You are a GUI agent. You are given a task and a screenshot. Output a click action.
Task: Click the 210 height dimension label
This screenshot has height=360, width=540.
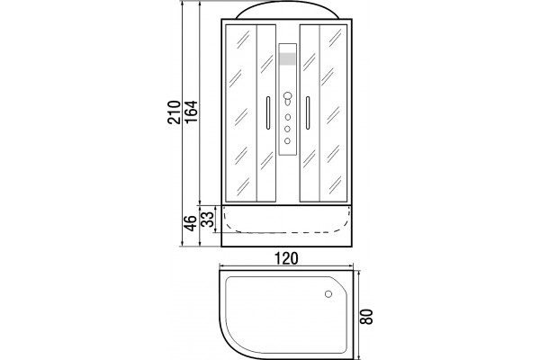pyautogui.click(x=174, y=112)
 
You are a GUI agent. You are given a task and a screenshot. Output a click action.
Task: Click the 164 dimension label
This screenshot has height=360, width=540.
pyautogui.click(x=191, y=112)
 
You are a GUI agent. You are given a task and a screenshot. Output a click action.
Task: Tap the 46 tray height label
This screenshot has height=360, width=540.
pyautogui.click(x=191, y=223)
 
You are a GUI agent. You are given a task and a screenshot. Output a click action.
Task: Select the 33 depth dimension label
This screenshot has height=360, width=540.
pyautogui.click(x=207, y=220)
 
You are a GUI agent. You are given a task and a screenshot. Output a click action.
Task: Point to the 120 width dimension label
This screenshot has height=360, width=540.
pyautogui.click(x=286, y=258)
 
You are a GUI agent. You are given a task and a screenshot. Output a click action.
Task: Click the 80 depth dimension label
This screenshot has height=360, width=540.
pyautogui.click(x=367, y=316)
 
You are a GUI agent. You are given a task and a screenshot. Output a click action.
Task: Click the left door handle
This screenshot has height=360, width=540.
pyautogui.click(x=268, y=113)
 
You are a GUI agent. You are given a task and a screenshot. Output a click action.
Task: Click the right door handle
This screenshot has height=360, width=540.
pyautogui.click(x=308, y=113)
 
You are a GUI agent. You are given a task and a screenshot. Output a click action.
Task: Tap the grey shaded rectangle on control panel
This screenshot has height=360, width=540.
pyautogui.click(x=288, y=58)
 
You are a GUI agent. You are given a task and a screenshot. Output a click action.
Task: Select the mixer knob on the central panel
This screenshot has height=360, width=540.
pyautogui.click(x=288, y=97)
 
